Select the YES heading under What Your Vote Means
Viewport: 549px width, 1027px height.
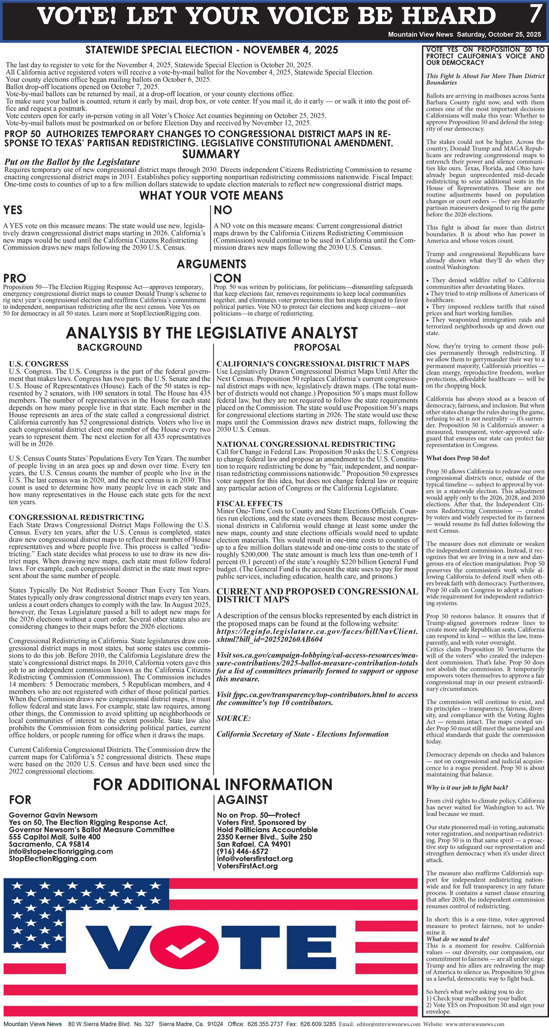(x=13, y=210)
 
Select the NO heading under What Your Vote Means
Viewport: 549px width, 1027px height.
(x=223, y=210)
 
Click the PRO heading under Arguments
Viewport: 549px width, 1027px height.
(x=15, y=278)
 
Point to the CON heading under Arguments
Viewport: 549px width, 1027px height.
(x=227, y=278)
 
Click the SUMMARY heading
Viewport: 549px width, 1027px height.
(x=211, y=154)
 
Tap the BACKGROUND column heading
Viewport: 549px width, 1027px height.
(x=109, y=347)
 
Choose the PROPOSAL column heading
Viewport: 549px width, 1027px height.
(x=317, y=347)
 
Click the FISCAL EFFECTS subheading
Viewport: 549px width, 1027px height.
(x=250, y=503)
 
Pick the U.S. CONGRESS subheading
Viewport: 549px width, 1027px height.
(x=39, y=364)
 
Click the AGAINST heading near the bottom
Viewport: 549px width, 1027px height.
(x=242, y=800)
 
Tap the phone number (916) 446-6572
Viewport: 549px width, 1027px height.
(x=243, y=851)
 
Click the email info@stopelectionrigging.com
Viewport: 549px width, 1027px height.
(x=61, y=851)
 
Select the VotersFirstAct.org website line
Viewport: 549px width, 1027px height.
(x=247, y=866)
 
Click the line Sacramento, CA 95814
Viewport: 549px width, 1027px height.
(x=49, y=844)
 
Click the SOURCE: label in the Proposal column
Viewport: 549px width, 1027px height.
(x=234, y=718)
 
